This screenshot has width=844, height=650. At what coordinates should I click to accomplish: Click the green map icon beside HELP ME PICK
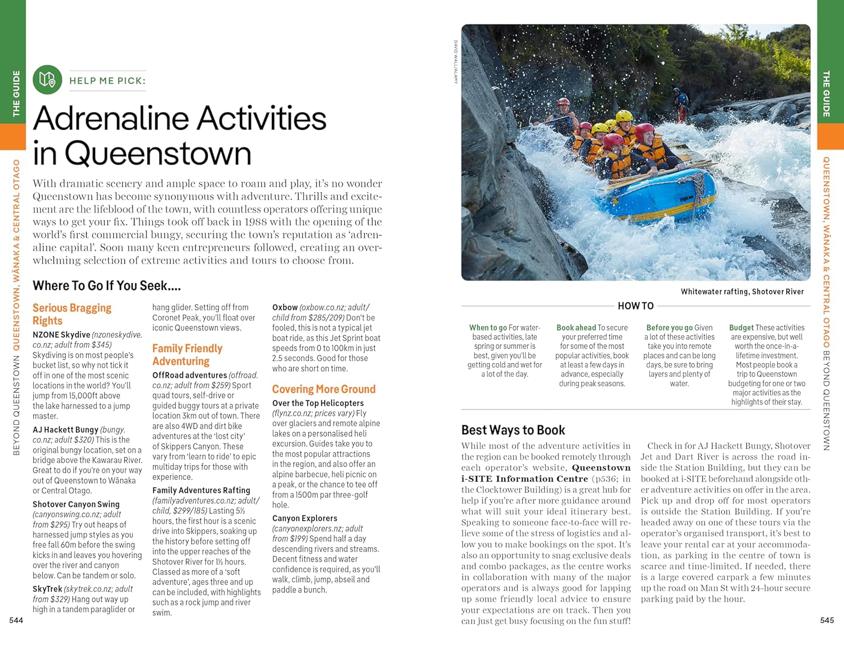47,80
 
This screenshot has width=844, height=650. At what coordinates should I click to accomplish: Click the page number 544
16,620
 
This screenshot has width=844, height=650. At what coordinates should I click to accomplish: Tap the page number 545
827,620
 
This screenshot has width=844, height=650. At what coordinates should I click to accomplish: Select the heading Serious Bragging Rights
71,314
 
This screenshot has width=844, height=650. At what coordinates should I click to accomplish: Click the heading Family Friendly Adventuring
187,355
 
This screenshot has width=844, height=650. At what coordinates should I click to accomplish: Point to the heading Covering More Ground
324,389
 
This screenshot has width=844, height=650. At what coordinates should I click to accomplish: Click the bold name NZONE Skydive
61,335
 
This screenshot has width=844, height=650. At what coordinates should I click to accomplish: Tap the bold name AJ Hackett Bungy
65,429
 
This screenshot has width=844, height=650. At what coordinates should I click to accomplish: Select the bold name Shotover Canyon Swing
76,504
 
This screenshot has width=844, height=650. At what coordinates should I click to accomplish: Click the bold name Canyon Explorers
304,518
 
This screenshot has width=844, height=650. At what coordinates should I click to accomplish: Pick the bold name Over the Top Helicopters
318,403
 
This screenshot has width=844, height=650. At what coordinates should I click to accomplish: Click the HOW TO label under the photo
635,306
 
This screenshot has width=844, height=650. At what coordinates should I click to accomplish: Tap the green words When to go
488,328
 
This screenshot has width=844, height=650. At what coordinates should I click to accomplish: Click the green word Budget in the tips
741,328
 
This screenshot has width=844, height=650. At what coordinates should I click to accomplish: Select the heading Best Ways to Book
513,430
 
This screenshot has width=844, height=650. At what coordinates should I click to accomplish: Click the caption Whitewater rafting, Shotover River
742,292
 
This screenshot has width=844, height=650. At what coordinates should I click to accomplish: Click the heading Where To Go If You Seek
106,286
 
